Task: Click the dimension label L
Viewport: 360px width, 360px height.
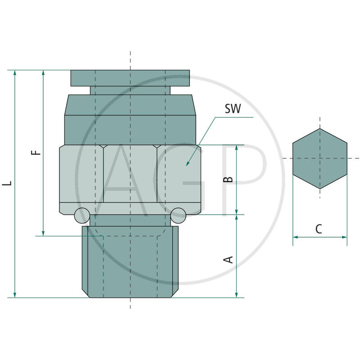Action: point(7,184)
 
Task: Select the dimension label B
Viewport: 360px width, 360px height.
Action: point(229,179)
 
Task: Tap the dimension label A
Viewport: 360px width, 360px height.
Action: point(229,260)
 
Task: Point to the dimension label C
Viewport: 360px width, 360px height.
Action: point(319,229)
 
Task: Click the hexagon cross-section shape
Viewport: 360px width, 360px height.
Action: point(319,158)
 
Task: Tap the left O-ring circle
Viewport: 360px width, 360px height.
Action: point(82,216)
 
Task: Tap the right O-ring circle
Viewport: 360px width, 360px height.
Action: point(178,216)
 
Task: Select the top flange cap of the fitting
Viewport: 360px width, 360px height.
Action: point(130,78)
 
